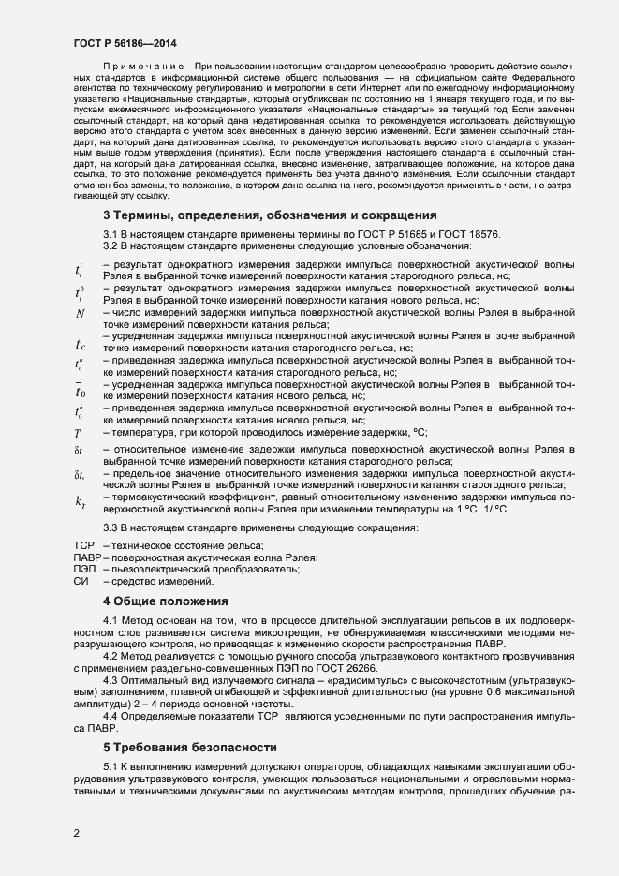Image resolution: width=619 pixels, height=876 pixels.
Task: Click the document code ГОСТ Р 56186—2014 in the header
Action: [124, 43]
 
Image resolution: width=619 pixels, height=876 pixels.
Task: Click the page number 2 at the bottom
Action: [77, 831]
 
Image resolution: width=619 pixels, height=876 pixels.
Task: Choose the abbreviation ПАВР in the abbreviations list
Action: [86, 557]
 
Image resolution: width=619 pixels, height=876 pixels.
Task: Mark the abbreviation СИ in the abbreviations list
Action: [81, 582]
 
